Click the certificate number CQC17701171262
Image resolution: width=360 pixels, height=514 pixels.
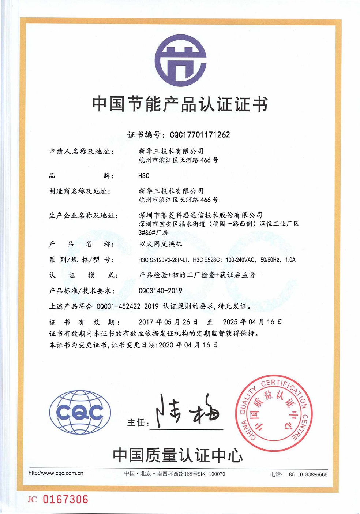(x=200, y=135)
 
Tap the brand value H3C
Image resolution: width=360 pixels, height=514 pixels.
(x=144, y=176)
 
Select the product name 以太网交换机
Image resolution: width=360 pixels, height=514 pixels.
(x=160, y=244)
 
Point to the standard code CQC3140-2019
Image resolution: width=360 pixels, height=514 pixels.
(x=160, y=291)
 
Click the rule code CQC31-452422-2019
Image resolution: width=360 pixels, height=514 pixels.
(x=127, y=306)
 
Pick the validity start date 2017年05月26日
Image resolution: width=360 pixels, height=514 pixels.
(x=168, y=322)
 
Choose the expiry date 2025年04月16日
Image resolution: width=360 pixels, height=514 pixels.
(x=252, y=322)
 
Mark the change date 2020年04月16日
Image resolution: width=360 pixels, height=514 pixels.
(x=188, y=345)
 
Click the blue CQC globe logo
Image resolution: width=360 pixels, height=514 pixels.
(x=80, y=413)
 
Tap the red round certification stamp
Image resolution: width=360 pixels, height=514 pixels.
(x=274, y=413)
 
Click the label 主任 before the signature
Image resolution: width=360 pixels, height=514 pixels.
(x=136, y=422)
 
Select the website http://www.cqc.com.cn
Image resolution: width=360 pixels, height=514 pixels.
(x=56, y=473)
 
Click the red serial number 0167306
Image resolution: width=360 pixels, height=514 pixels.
(x=65, y=499)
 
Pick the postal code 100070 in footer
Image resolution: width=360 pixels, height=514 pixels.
(x=217, y=474)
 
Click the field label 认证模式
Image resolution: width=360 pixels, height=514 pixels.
(x=84, y=275)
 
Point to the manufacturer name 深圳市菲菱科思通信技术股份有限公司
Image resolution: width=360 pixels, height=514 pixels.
(x=200, y=215)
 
